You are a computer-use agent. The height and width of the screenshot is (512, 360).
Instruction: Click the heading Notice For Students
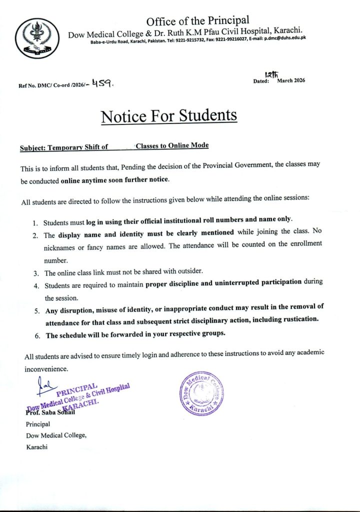point(168,116)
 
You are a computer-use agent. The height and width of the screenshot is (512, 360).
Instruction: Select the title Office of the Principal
point(197,20)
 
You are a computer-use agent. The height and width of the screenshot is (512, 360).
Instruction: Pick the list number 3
point(36,273)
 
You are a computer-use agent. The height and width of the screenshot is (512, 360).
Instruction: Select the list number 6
point(37,335)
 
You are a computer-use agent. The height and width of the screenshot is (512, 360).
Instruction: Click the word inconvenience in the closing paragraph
point(46,369)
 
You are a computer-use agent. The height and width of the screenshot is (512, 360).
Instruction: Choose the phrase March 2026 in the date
point(291,80)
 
